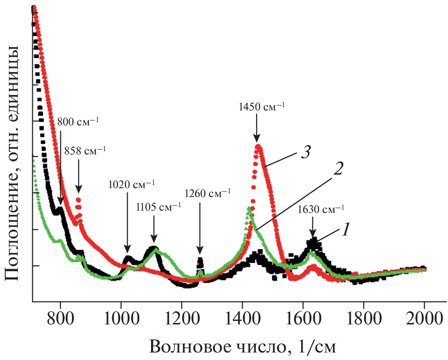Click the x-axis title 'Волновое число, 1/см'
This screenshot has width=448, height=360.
243,347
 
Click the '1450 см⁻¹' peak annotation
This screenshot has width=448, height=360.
260,107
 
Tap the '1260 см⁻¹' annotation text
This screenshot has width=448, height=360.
207,193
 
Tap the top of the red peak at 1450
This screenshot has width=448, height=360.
257,147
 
